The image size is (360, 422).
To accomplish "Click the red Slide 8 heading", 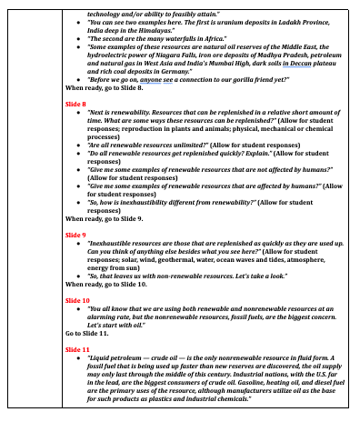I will (76, 107).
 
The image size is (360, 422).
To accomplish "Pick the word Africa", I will (210, 42).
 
